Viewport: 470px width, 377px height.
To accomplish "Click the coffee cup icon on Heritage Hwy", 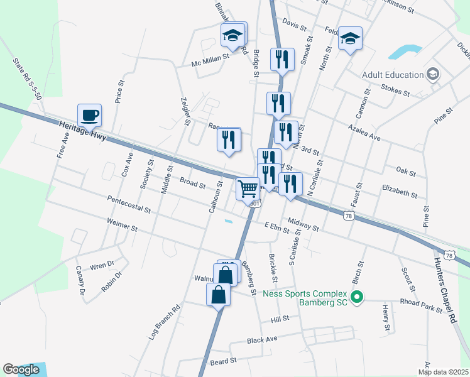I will pyautogui.click(x=89, y=115).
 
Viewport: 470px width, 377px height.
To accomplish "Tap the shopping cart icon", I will pyautogui.click(x=248, y=187).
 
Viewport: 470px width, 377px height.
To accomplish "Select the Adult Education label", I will pyautogui.click(x=393, y=75).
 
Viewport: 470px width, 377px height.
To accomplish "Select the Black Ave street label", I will pyautogui.click(x=262, y=339).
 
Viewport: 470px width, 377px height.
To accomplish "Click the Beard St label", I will pyautogui.click(x=223, y=361).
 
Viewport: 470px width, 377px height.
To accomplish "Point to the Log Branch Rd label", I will pyautogui.click(x=164, y=322).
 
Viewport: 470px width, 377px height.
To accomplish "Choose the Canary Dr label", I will pyautogui.click(x=80, y=280).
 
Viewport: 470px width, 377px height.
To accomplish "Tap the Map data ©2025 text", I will pyautogui.click(x=443, y=372).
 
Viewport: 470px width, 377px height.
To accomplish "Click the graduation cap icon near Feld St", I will pyautogui.click(x=350, y=39).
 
